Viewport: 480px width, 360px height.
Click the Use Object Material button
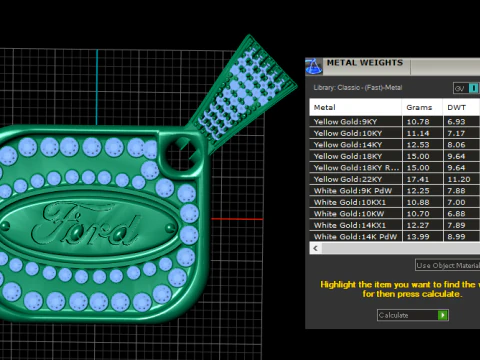point(447,264)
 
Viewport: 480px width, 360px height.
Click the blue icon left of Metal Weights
point(314,67)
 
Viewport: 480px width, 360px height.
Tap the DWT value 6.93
point(457,121)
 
